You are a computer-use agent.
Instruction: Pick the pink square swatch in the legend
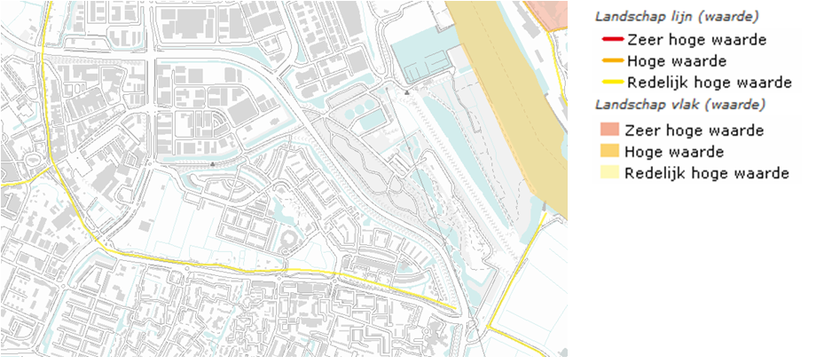pos(610,131)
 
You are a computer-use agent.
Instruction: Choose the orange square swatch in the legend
pos(610,152)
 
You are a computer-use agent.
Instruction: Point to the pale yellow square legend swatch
pos(610,173)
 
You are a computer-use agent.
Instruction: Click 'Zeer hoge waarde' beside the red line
pos(695,40)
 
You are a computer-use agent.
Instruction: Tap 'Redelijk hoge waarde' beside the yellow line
pos(709,83)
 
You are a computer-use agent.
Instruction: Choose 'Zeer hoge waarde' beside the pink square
pos(694,131)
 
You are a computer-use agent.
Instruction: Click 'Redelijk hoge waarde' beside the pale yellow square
pos(707,173)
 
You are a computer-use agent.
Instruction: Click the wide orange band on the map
pos(514,98)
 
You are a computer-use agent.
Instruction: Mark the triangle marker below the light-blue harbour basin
pos(406,91)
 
